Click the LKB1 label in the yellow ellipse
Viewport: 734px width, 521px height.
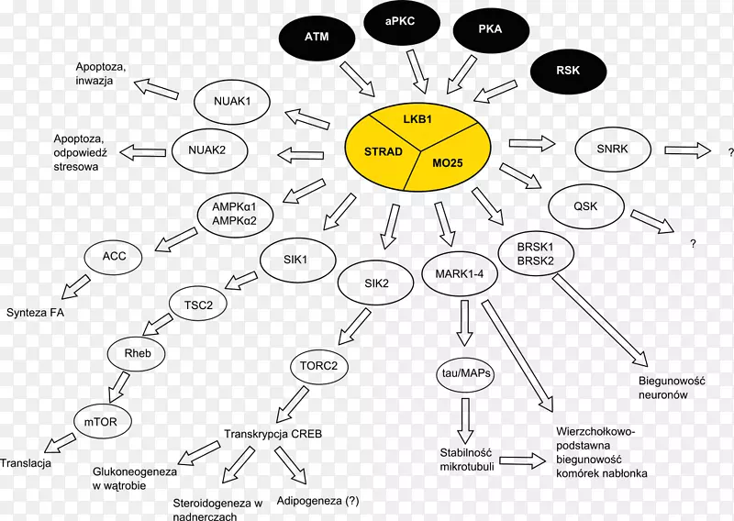point(419,120)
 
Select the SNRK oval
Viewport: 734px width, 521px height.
point(612,148)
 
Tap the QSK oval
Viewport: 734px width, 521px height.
point(585,205)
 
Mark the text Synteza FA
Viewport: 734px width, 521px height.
point(37,312)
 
